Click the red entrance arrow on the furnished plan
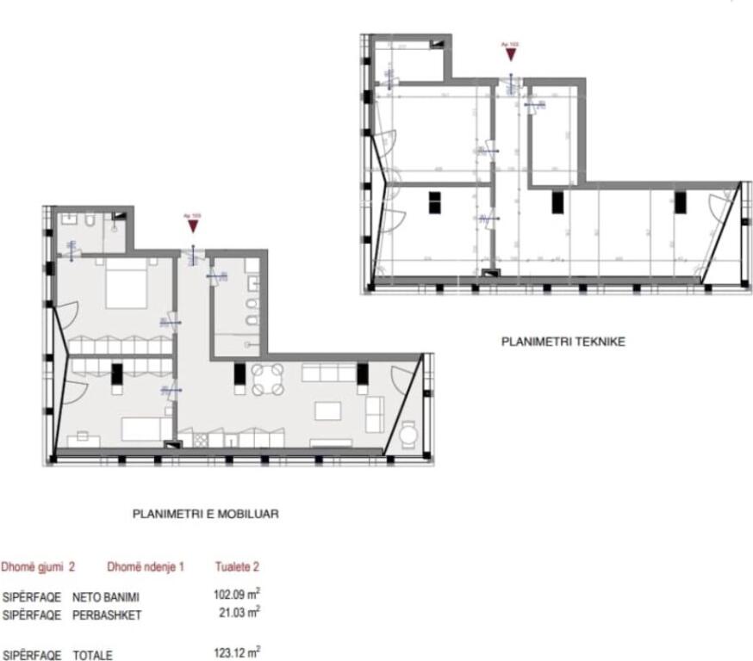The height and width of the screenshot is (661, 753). tap(193, 225)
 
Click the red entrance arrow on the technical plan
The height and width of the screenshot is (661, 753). tap(511, 53)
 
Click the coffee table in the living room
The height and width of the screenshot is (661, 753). tap(328, 411)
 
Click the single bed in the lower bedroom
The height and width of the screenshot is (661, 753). tap(146, 427)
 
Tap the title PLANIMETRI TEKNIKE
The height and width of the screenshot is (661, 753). tap(563, 342)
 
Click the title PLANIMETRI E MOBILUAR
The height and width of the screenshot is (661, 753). tap(205, 514)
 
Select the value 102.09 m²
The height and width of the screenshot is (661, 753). tap(236, 595)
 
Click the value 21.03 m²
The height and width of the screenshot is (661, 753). tap(240, 613)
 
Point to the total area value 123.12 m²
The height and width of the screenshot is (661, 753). tap(236, 653)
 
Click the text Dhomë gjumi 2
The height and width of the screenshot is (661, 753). tap(38, 567)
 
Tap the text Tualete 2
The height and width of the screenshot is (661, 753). tap(237, 567)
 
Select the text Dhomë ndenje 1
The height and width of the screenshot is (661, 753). tap(146, 567)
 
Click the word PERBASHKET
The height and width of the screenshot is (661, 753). tap(106, 615)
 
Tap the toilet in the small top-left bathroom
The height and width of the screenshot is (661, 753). tap(90, 221)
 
